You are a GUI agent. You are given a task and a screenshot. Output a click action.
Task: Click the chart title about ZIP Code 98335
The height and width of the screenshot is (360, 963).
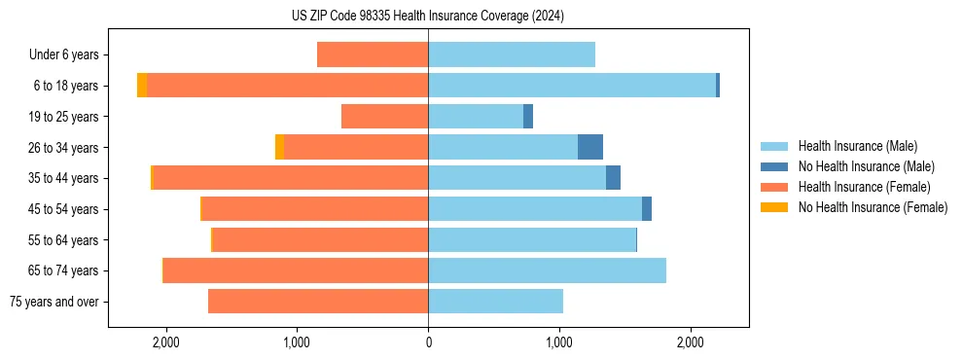(428, 17)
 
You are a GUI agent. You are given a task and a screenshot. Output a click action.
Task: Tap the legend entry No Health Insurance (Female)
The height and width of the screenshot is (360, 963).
(873, 207)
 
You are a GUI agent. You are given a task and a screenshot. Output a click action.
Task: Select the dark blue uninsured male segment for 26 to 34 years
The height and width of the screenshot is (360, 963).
(590, 147)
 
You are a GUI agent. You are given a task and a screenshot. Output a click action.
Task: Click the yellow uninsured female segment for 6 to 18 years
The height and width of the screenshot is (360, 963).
(142, 86)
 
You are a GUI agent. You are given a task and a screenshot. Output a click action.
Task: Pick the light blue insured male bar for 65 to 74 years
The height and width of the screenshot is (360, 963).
(547, 270)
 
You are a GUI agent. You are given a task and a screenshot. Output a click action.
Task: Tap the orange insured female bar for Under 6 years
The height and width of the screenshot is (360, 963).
(373, 54)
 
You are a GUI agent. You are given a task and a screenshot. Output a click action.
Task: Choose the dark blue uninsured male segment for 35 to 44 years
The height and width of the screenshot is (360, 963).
(613, 178)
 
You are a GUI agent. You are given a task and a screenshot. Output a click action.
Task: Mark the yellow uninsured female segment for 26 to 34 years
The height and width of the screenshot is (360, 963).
(279, 147)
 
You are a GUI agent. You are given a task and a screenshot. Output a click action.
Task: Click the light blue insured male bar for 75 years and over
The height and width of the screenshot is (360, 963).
(495, 302)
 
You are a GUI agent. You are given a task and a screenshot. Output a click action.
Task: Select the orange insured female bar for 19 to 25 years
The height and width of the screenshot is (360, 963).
(384, 117)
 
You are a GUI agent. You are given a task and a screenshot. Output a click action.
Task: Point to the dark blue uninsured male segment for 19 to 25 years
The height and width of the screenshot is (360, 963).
(528, 117)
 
